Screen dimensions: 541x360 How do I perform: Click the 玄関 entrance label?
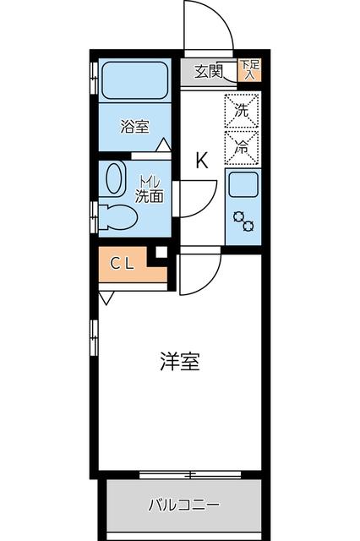[209, 72]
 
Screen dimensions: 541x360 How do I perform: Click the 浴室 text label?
[134, 128]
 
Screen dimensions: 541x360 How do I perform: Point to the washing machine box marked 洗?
[241, 110]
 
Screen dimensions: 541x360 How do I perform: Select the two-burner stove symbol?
[243, 221]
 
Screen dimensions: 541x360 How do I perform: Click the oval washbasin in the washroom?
[113, 178]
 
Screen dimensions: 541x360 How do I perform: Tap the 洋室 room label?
[179, 361]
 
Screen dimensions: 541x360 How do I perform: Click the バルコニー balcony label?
[184, 505]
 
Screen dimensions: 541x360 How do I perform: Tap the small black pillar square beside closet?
[161, 251]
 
